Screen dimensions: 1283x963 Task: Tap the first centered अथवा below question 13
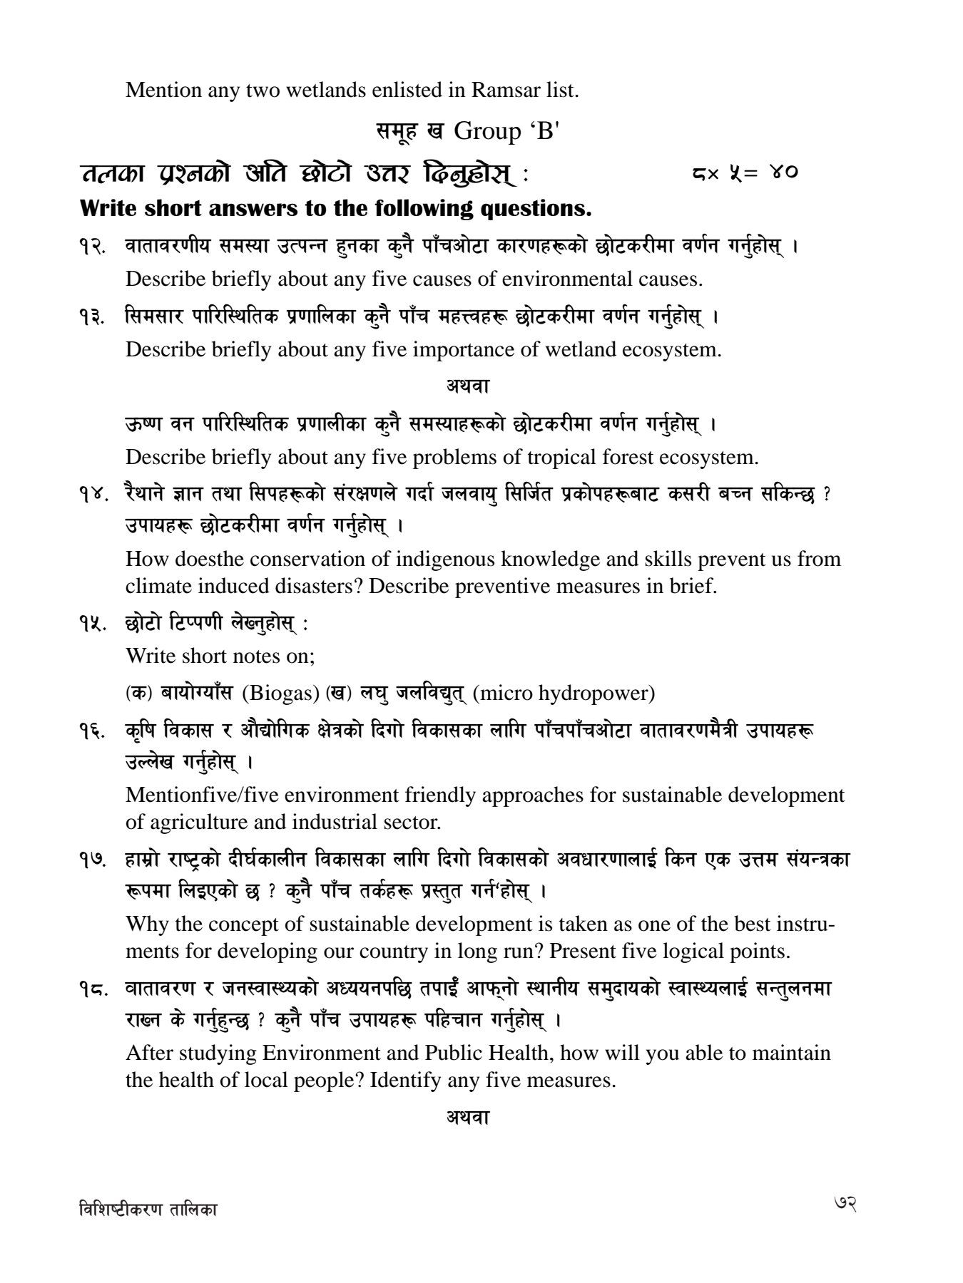tap(467, 386)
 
